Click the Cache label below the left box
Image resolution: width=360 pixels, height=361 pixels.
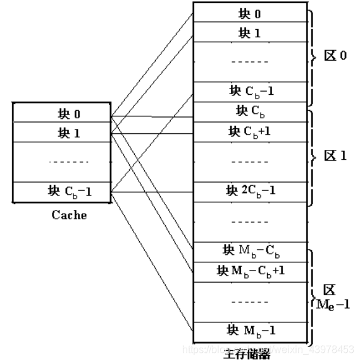[69, 216]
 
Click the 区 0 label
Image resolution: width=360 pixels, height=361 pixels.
[335, 56]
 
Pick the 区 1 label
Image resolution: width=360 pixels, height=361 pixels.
[335, 155]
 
